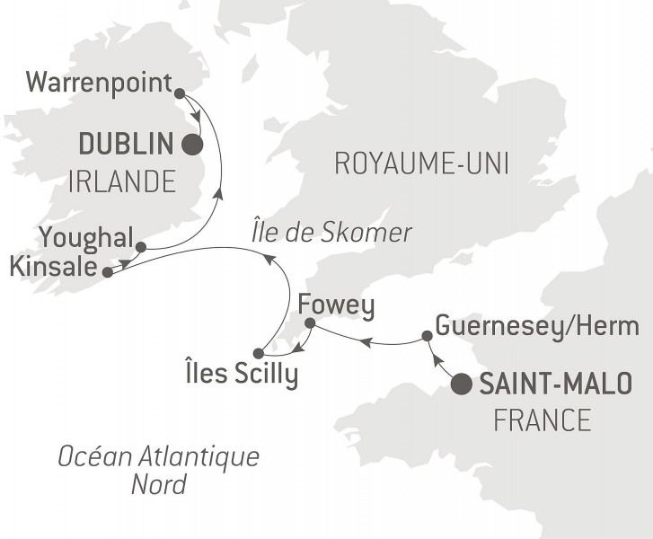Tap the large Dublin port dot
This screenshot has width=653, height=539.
(x=191, y=145)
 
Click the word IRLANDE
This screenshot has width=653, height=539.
(x=121, y=182)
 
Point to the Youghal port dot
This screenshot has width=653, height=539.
(x=140, y=246)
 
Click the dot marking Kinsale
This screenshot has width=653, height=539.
(x=108, y=270)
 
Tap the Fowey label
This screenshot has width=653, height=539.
(x=335, y=305)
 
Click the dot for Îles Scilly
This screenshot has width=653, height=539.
(x=259, y=353)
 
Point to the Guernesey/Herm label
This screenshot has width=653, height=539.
(x=536, y=325)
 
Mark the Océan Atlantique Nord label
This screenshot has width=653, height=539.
(x=158, y=470)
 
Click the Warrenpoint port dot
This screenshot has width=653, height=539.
(x=179, y=93)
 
